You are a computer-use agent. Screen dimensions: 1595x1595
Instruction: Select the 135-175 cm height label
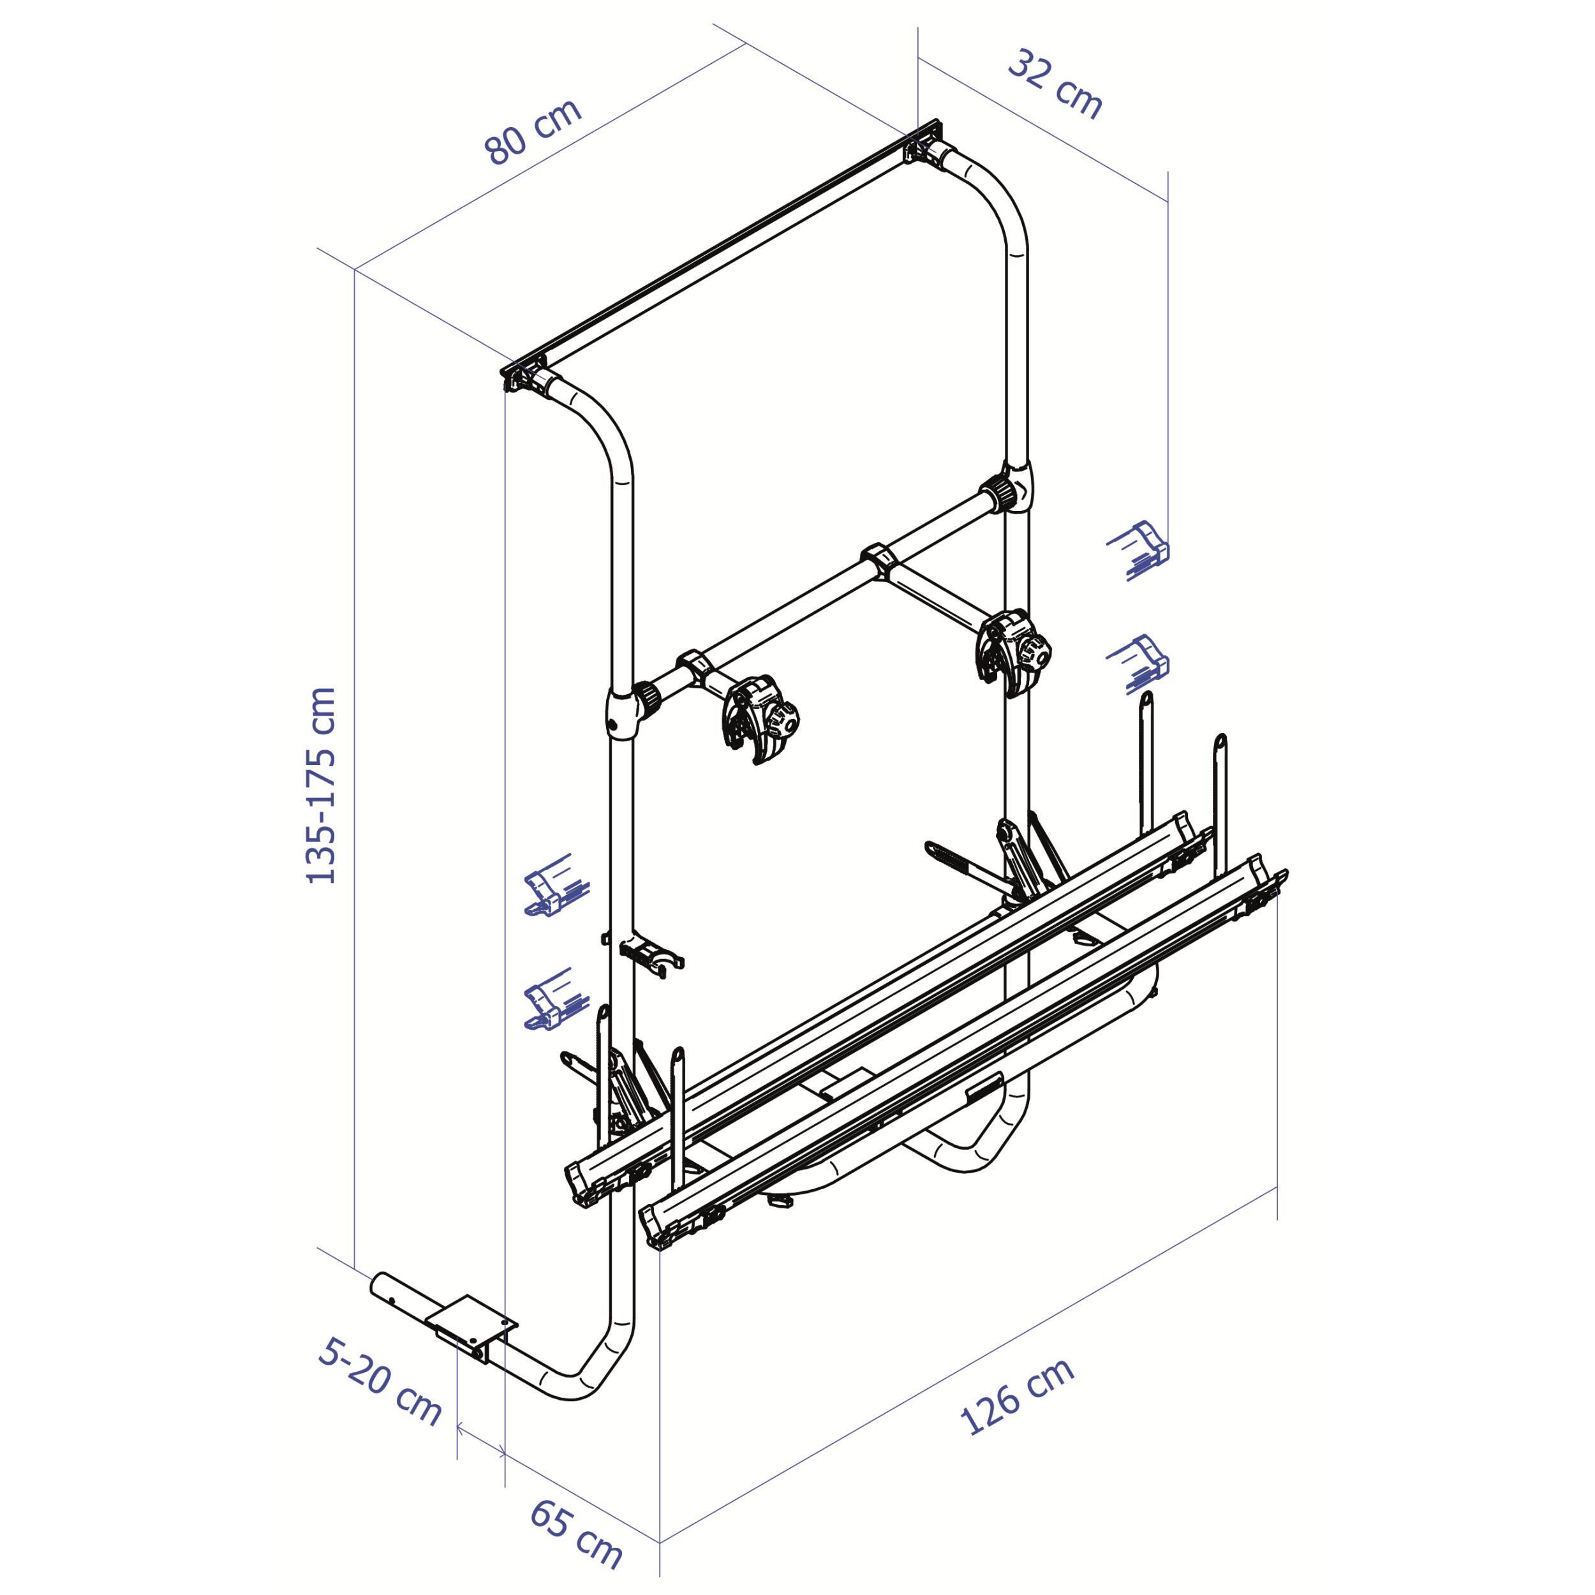click(321, 786)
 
